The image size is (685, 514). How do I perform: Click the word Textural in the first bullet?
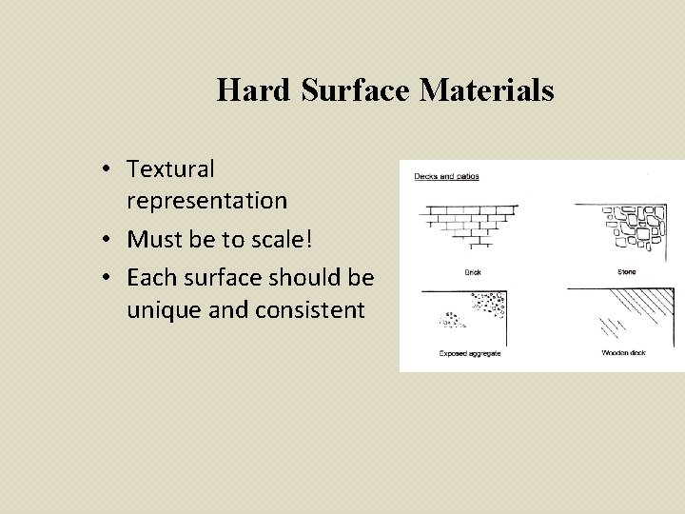pyautogui.click(x=170, y=169)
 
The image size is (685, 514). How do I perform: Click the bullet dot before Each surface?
pyautogui.click(x=112, y=277)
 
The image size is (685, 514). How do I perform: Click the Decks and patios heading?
pyautogui.click(x=446, y=176)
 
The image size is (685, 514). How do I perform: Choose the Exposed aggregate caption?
pyautogui.click(x=470, y=353)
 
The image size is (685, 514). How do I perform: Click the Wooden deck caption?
pyautogui.click(x=624, y=353)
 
